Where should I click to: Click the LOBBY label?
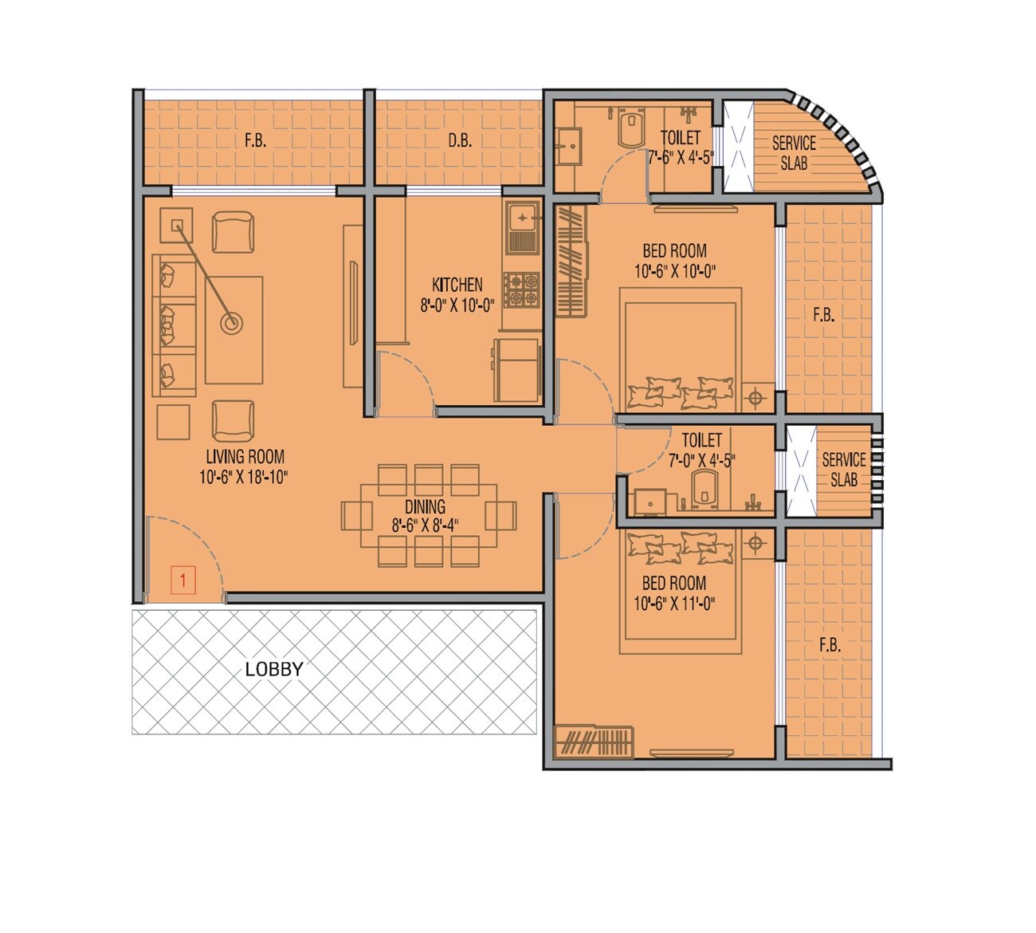tap(274, 669)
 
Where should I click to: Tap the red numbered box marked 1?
tap(183, 580)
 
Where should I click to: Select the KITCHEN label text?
tap(457, 285)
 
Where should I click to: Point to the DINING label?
tap(425, 506)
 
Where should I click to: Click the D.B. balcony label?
tap(460, 141)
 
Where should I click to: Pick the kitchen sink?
tap(522, 216)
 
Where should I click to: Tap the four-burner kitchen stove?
tap(520, 289)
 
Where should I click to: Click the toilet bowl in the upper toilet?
tap(630, 128)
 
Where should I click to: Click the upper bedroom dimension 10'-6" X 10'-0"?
tap(675, 271)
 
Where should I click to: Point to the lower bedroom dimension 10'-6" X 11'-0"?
tap(674, 604)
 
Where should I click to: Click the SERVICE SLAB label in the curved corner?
tap(794, 153)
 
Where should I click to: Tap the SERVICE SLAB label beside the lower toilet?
tap(844, 470)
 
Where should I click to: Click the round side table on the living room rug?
tap(232, 324)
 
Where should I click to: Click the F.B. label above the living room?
tap(255, 141)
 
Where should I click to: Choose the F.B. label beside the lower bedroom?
tap(830, 645)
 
